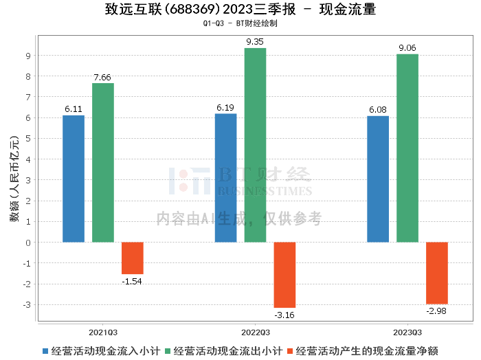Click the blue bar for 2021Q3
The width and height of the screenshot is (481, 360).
74,179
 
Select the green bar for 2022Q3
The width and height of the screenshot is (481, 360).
255,145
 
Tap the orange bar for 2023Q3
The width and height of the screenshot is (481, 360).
437,273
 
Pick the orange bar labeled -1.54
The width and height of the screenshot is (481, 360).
133,258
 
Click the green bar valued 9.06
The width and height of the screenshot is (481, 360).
407,148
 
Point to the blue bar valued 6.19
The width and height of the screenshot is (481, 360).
226,178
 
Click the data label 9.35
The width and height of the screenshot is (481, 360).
255,42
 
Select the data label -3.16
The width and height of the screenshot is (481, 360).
284,315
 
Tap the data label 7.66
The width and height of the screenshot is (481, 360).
102,77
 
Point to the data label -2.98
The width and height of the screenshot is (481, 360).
436,311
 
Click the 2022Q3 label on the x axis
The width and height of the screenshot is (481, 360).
256,333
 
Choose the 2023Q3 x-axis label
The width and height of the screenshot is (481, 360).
407,333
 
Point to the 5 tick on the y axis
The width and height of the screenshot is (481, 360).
28,139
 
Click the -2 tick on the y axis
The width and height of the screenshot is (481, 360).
27,284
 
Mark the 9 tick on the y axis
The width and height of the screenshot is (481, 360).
28,56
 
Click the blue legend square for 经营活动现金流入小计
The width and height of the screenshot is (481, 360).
45,351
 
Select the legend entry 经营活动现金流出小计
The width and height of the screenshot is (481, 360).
223,351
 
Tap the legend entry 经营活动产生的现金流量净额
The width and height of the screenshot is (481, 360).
363,351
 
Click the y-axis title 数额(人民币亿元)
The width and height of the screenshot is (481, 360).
14,179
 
